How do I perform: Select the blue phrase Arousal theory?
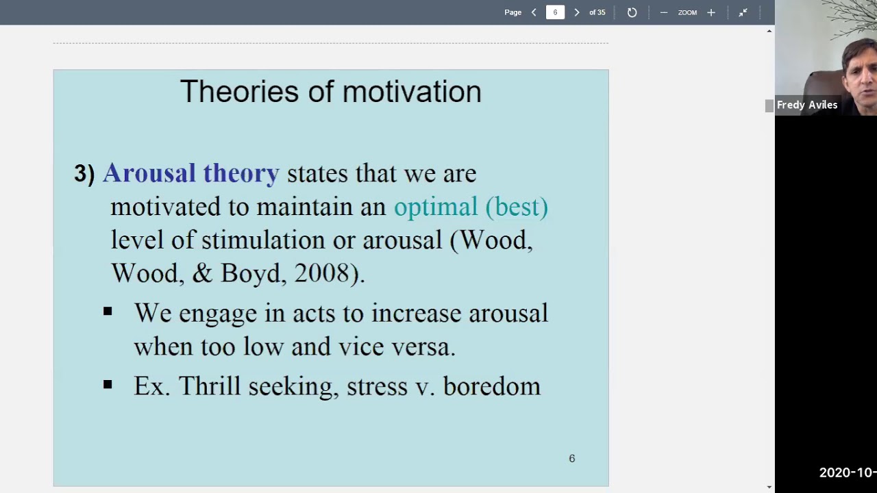click(x=191, y=173)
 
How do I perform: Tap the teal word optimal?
click(x=435, y=207)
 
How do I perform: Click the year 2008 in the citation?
click(x=321, y=273)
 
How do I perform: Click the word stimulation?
click(x=263, y=240)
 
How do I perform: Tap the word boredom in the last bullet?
click(x=491, y=386)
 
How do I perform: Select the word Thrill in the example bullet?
click(x=210, y=386)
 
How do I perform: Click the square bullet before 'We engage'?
click(x=108, y=312)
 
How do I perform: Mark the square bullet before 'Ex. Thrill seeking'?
click(x=108, y=385)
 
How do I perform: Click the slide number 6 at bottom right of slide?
click(x=572, y=459)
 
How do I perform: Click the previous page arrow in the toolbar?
click(x=534, y=12)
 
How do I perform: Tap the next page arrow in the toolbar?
click(x=576, y=12)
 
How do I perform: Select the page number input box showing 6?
click(x=555, y=12)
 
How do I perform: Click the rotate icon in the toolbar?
click(x=632, y=12)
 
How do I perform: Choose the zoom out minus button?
click(x=663, y=12)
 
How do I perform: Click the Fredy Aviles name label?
click(x=807, y=105)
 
